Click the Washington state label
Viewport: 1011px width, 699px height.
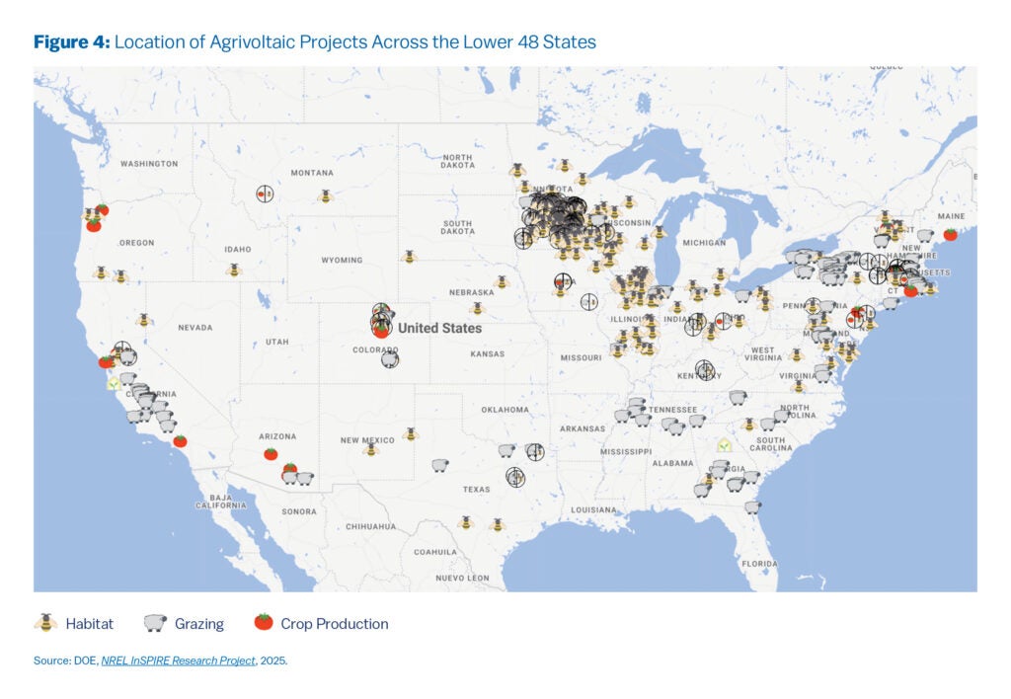point(148,163)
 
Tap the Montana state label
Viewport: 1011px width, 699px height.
point(312,173)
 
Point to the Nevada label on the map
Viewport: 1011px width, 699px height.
point(195,327)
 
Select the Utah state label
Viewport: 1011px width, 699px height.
point(277,342)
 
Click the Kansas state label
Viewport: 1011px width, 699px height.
point(488,353)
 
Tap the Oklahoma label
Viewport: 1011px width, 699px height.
point(505,409)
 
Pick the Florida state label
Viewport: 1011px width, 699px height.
point(760,564)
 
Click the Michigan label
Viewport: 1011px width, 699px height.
point(704,242)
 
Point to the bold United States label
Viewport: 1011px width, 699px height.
point(440,328)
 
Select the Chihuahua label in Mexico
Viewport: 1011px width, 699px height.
point(371,527)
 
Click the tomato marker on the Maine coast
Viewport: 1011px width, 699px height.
point(950,234)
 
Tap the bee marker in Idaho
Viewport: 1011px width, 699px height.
point(234,269)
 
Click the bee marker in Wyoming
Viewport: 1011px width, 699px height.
point(409,257)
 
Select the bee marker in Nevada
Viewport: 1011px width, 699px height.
point(144,320)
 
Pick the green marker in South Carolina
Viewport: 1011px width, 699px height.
point(725,445)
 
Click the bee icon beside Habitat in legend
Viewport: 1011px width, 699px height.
point(45,623)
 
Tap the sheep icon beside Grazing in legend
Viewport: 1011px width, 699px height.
point(154,623)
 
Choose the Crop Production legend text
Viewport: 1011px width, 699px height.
point(334,624)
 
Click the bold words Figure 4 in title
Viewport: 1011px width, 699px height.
point(71,42)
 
